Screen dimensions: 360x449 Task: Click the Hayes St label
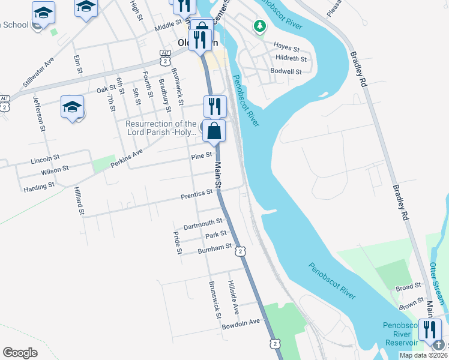286,47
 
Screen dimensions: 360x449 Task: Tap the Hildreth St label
291,59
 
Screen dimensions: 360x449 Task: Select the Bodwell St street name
288,71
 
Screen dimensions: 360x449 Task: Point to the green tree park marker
259,26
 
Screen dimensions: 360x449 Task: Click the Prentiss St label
197,194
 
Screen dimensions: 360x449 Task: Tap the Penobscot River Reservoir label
401,334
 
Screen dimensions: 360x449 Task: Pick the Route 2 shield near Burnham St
240,251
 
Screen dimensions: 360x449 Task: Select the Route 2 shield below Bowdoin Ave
274,343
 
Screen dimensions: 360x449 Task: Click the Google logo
20,353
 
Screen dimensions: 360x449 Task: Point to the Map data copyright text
424,355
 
